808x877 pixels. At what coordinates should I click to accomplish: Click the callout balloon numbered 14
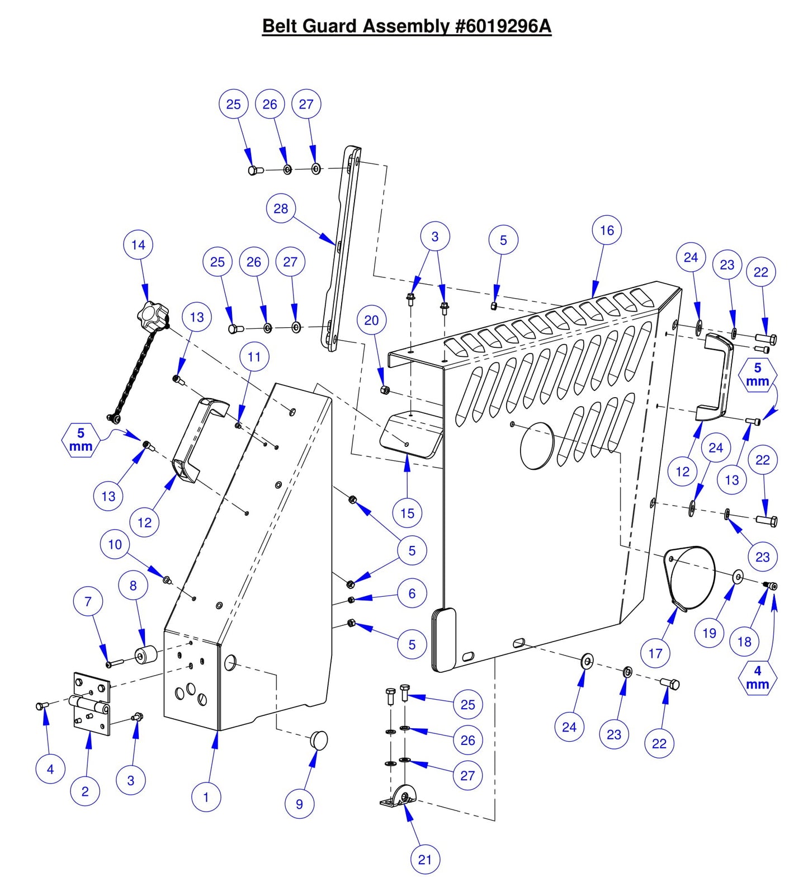(x=138, y=245)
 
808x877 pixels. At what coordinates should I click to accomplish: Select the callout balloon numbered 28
(x=281, y=209)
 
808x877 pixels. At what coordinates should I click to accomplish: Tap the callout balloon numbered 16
(x=607, y=230)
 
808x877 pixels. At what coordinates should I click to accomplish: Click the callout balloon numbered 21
(x=425, y=859)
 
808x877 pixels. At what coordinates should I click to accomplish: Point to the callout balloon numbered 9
(x=299, y=804)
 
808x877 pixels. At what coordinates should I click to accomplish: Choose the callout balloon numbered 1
(x=206, y=797)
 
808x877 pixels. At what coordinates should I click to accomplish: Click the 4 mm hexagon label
(x=758, y=677)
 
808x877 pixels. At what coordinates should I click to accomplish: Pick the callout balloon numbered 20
(x=371, y=320)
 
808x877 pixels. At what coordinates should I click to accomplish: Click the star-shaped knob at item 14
(x=151, y=315)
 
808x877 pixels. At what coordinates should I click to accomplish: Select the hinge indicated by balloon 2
(x=91, y=703)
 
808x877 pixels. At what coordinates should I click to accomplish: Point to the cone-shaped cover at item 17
(x=691, y=577)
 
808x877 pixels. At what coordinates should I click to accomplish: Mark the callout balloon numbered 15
(x=407, y=513)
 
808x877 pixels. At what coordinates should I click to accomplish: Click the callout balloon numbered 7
(x=88, y=602)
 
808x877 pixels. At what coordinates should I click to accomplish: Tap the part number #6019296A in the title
(x=503, y=26)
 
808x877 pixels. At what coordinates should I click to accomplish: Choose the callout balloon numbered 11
(x=254, y=357)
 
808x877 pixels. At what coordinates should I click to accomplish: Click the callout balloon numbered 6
(x=412, y=593)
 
